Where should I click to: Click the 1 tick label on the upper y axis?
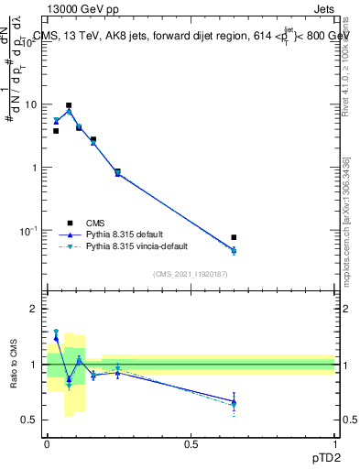tap(33, 168)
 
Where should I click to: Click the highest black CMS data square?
tap(69, 105)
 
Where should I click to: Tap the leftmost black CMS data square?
tap(56, 131)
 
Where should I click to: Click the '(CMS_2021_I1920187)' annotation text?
tap(191, 273)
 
